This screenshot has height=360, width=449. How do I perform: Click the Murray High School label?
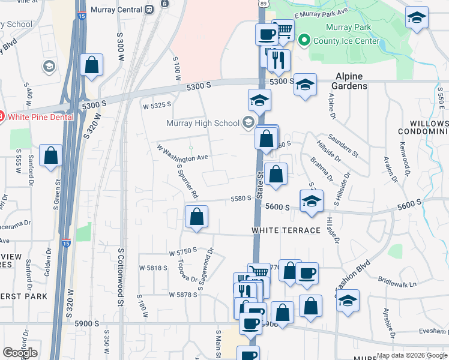point(203,124)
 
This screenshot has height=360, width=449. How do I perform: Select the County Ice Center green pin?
point(304,41)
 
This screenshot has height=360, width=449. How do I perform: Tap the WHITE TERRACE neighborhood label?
point(286,230)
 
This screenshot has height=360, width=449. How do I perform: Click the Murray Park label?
point(348,28)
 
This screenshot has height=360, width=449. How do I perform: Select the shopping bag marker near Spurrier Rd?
point(196,217)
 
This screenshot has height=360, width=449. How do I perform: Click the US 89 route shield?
point(263,4)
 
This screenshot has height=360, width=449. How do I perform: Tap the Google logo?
point(20,353)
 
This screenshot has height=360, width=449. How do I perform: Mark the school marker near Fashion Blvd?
point(348,302)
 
